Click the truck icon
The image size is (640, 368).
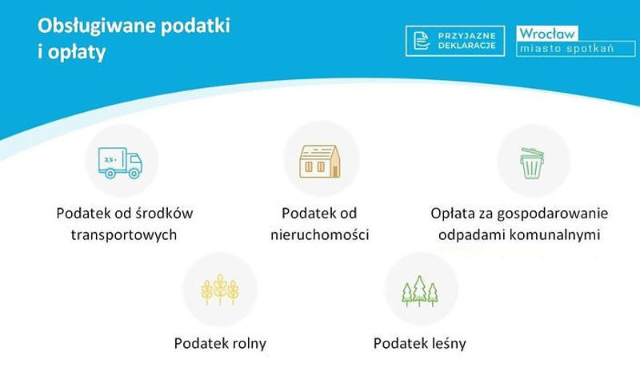point(120,162)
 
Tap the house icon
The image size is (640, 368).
point(320,161)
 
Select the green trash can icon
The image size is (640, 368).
point(532,162)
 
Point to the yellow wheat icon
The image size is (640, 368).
point(220,290)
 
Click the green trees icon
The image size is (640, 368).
point(420,291)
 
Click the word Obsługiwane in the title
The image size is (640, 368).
point(97,26)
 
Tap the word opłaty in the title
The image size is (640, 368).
point(77,53)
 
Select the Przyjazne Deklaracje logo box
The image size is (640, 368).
point(455,41)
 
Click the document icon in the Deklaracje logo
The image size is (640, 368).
point(422,41)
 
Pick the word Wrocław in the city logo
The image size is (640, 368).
point(547,34)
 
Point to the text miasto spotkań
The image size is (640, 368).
point(567,49)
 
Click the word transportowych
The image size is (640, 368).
point(124,235)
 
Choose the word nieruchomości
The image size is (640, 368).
point(320,234)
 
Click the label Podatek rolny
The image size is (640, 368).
point(220,343)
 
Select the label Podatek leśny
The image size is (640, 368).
point(419,343)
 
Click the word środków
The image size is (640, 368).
point(164,214)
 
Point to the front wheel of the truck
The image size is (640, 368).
point(134,174)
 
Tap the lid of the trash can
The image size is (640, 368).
point(532,153)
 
